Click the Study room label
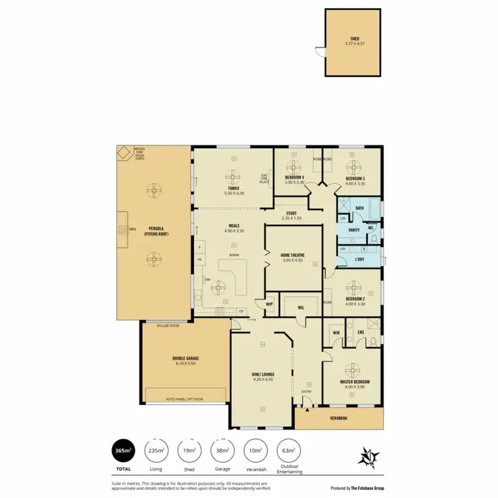pos(291,214)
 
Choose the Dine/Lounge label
pos(264,374)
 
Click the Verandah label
pos(339,418)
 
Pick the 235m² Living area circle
pos(157,452)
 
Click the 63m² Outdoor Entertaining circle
pos(289,452)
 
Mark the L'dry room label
pos(360,259)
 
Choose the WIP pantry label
pos(270,305)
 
